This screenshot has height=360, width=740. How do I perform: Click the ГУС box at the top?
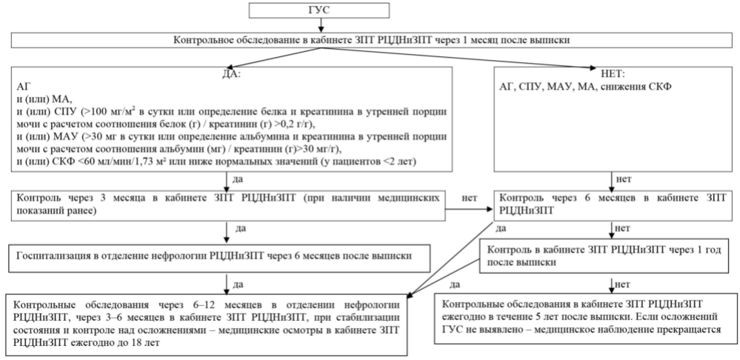[x=319, y=10]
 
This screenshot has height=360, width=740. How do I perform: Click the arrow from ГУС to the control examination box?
[x=321, y=25]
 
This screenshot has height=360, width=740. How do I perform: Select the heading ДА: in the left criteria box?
[x=231, y=75]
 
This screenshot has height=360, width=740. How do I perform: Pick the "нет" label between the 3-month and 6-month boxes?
[x=470, y=198]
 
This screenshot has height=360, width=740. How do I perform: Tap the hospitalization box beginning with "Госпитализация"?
[x=220, y=258]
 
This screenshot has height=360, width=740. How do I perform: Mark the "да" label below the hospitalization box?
[x=239, y=284]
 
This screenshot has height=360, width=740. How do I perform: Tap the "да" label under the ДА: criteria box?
[x=239, y=179]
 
